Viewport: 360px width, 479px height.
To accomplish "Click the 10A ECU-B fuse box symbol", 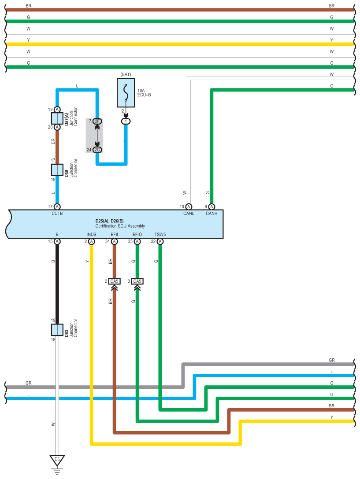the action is (x=126, y=93).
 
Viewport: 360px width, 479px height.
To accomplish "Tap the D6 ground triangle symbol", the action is (x=57, y=461).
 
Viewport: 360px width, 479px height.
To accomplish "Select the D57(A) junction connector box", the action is (x=57, y=118).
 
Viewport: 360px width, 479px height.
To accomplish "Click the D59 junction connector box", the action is (x=57, y=170).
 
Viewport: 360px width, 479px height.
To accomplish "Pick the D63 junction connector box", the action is (x=57, y=330).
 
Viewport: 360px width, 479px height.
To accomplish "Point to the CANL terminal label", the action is (x=189, y=214).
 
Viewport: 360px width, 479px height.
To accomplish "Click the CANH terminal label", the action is (x=212, y=214).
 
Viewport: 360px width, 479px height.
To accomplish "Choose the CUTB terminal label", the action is (x=57, y=214).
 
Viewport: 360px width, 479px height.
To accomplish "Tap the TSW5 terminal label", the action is (x=160, y=234).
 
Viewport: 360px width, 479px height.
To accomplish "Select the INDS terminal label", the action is (x=92, y=234).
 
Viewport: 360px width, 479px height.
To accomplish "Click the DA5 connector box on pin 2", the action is (x=115, y=281).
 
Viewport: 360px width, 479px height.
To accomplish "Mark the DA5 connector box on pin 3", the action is (x=137, y=281).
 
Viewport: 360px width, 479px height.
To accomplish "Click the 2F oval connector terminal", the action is (x=97, y=121).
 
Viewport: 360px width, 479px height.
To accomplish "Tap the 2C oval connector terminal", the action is (x=97, y=150).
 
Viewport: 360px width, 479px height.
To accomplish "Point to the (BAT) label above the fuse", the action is (x=126, y=74).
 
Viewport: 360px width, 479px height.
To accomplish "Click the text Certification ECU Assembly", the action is (x=120, y=226).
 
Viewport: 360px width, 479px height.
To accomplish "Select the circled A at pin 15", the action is (x=57, y=242).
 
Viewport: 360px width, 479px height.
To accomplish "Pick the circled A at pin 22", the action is (x=160, y=242).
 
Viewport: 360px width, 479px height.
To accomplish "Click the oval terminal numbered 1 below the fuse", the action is (x=126, y=121).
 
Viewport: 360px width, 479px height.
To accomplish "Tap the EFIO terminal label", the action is (x=137, y=234).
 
